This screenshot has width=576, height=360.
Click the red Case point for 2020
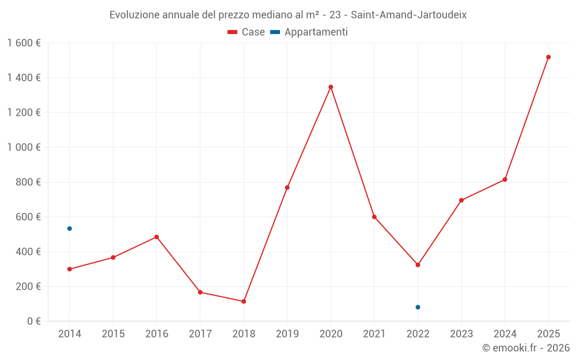[x=331, y=87]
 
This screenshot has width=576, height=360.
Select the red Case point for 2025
[x=548, y=57]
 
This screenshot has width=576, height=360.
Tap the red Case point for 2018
[x=244, y=301]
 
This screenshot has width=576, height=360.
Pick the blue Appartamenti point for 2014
[x=70, y=229]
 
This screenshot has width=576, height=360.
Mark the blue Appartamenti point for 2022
[x=418, y=307]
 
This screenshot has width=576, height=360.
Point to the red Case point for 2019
[x=287, y=187]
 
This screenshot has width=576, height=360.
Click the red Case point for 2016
[x=157, y=237]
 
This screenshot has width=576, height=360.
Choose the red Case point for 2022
[x=418, y=265]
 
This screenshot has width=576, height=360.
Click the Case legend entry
[x=247, y=32]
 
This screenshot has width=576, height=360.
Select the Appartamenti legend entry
[x=309, y=32]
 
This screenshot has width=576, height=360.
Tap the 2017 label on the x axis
[x=200, y=334]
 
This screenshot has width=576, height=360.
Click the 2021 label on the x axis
[x=374, y=334]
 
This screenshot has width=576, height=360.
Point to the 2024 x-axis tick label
[x=505, y=334]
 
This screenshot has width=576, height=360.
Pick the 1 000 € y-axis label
[x=24, y=147]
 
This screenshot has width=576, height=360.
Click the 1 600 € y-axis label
[x=24, y=43]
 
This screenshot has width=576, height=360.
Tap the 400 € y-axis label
[x=27, y=252]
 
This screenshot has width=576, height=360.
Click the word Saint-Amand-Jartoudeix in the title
[x=408, y=15]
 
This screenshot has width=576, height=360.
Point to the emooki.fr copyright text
[x=526, y=348]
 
